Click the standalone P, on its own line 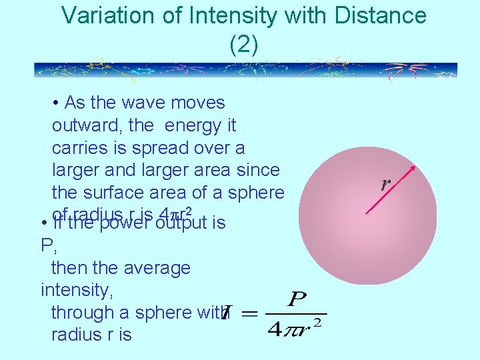tap(47, 246)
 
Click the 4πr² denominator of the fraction tap(296, 328)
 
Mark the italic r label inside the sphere tap(385, 185)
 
